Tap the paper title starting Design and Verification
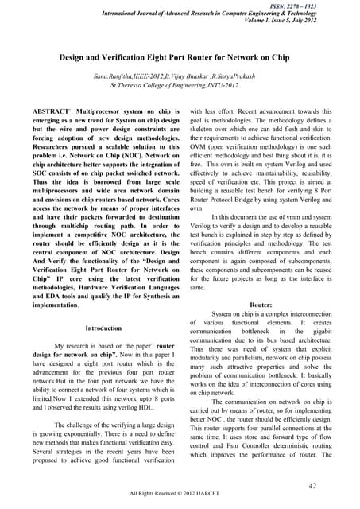180,59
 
